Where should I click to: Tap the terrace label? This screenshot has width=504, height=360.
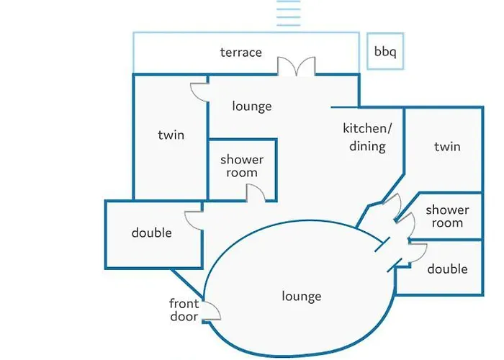pos(240,53)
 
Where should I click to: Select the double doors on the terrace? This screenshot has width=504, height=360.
pos(297,66)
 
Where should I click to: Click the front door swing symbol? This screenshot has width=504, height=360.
pos(210,310)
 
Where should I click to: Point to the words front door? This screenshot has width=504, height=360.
pos(184,310)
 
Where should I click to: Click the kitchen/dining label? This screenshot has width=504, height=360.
pos(366,138)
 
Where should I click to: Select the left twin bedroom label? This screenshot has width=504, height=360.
pos(171,135)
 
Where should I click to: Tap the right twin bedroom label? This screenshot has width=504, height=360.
pos(447,147)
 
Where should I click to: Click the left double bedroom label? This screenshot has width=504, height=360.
pos(151,233)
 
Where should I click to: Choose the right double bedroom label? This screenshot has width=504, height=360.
pos(447,269)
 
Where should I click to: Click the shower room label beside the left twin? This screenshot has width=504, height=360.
pos(242,166)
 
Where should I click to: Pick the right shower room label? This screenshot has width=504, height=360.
pos(447,216)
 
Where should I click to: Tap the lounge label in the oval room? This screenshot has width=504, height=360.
pos(302,296)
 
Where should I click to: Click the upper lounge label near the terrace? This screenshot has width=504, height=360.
pos(252,106)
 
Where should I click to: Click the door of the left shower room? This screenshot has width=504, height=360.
pos(254,192)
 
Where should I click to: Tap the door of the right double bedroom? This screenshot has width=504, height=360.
pos(416,252)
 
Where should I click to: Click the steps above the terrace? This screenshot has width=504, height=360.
pos(287,14)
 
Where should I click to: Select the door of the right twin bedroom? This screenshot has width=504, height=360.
pos(392,204)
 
